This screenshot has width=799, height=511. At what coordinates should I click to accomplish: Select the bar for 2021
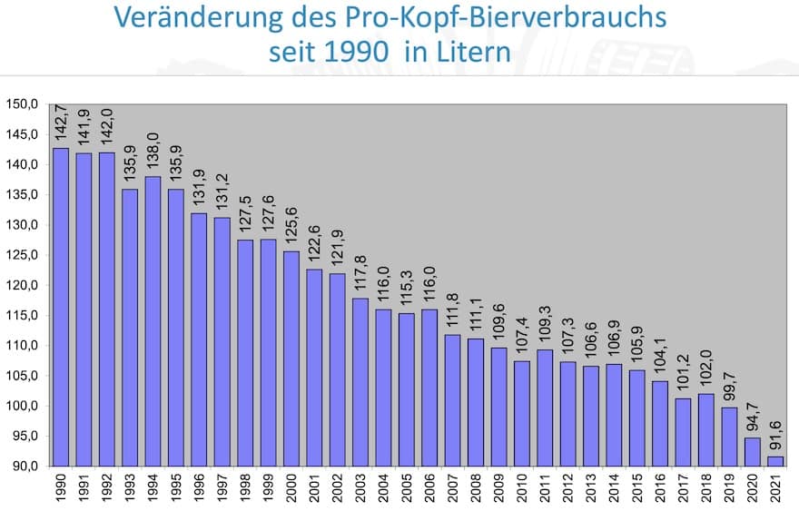pyautogui.click(x=776, y=461)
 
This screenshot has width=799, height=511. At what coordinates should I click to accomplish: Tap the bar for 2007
pyautogui.click(x=453, y=400)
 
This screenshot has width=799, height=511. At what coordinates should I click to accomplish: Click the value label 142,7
pyautogui.click(x=61, y=122)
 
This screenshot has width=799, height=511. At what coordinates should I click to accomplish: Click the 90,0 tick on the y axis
pyautogui.click(x=24, y=466)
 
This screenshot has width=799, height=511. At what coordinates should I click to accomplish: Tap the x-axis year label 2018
pyautogui.click(x=707, y=489)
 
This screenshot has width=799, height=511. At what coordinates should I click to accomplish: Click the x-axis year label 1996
pyautogui.click(x=200, y=489)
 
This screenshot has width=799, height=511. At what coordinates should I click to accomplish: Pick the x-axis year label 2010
pyautogui.click(x=523, y=489)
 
